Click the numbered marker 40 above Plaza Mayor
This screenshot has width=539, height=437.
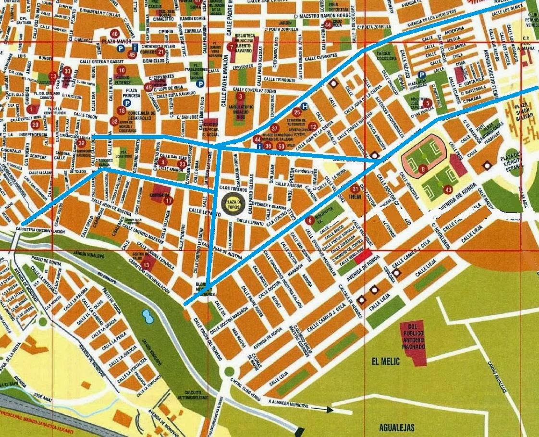tap(114, 34)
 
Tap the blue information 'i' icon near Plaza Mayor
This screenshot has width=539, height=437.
tap(135, 48)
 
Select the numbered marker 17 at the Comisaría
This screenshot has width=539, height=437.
tap(168, 201)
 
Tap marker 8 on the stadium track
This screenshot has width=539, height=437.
tap(423, 169)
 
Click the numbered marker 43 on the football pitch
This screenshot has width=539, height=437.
tap(448, 189)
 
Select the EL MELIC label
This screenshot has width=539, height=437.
tap(385, 362)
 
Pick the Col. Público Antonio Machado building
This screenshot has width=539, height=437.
tap(413, 342)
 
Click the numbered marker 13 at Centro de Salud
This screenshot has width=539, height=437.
tap(147, 263)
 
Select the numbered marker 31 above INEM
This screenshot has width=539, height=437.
tap(355, 188)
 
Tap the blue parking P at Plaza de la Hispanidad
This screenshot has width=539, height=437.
tap(421, 75)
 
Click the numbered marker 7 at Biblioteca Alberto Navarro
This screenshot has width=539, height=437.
tap(232, 47)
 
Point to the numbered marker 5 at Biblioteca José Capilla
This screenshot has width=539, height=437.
tap(428, 102)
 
